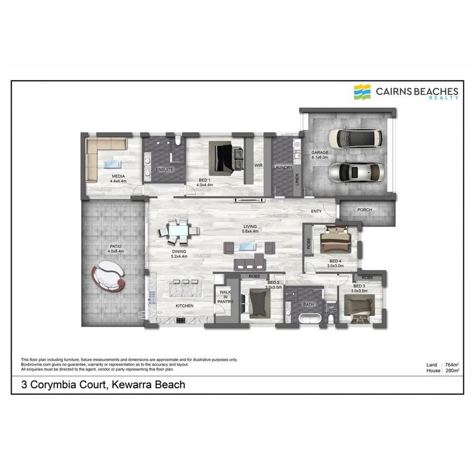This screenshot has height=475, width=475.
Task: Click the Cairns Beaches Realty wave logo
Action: tap(363, 92)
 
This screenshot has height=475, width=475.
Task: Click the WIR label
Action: tap(258, 165)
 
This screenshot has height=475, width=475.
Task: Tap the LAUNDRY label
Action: tap(282, 168)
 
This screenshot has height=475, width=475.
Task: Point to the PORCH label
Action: tap(364, 210)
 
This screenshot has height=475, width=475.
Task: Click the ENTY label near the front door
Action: tap(316, 212)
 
